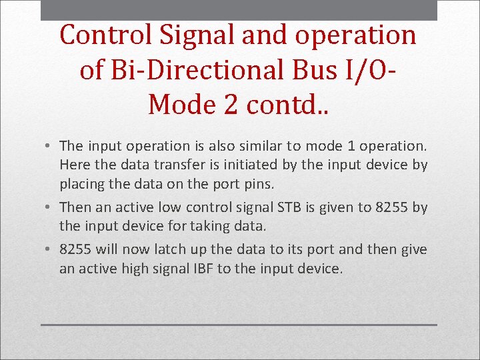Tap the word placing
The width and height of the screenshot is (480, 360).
tap(81, 183)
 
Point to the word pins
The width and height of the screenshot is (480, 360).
tap(257, 183)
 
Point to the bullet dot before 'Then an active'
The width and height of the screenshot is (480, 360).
tap(51, 207)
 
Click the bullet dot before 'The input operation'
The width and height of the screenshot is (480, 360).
tap(51, 145)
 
